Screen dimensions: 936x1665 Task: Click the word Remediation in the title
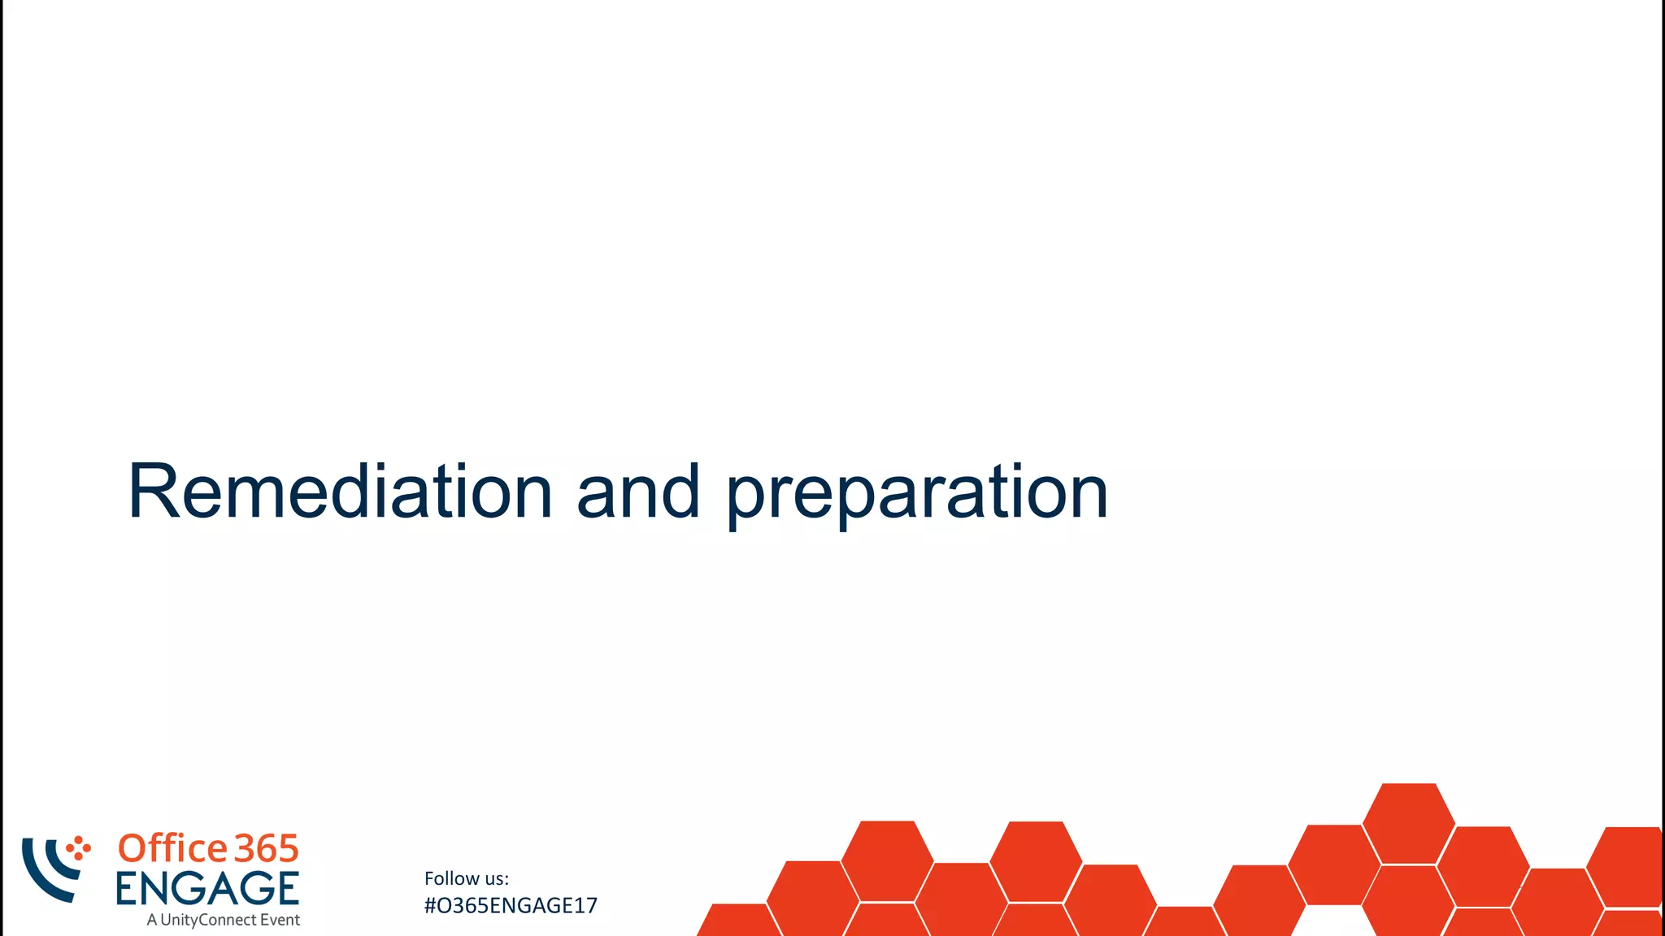[340, 492]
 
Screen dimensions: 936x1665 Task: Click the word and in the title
[638, 492]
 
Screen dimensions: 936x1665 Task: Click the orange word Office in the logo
[172, 848]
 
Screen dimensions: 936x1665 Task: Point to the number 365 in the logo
[267, 848]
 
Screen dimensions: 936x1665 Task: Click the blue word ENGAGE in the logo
[207, 888]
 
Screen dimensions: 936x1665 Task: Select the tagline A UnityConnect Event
[223, 920]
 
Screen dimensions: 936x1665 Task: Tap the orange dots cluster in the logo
[78, 848]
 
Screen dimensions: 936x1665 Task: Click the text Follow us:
[466, 878]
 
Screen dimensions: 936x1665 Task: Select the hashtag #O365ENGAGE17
[511, 905]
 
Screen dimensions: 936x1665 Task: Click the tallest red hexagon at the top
[1408, 822]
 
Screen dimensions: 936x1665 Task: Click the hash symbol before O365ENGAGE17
[430, 905]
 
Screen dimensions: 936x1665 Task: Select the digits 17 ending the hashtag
[587, 905]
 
